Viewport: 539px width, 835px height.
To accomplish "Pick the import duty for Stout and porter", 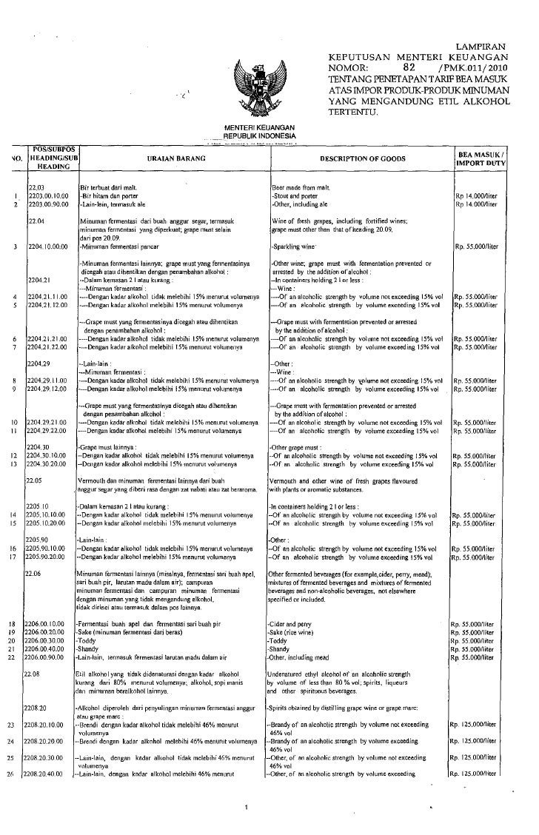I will [x=477, y=195].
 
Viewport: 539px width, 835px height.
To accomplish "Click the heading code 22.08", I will [x=34, y=674].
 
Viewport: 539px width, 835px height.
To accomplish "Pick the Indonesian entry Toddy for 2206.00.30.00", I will [x=88, y=640].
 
